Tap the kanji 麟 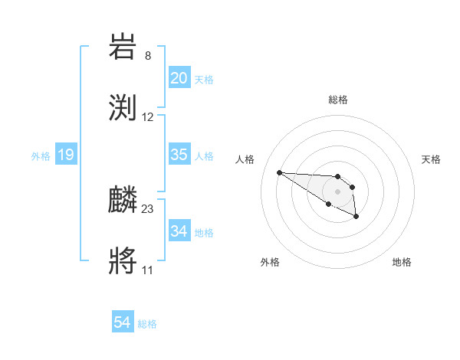point(123,199)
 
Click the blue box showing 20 point(179,78)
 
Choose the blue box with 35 point(179,155)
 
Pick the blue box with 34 point(179,231)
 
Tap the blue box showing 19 point(65,155)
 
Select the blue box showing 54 point(122,322)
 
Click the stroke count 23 point(147,208)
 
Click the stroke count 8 point(147,55)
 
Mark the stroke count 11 point(147,270)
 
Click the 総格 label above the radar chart point(338,100)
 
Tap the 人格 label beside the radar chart point(246,159)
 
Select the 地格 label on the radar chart point(402,263)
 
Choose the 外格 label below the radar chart point(270,263)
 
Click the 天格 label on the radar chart point(431,159)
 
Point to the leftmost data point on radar point(279,172)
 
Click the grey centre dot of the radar point(337,191)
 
